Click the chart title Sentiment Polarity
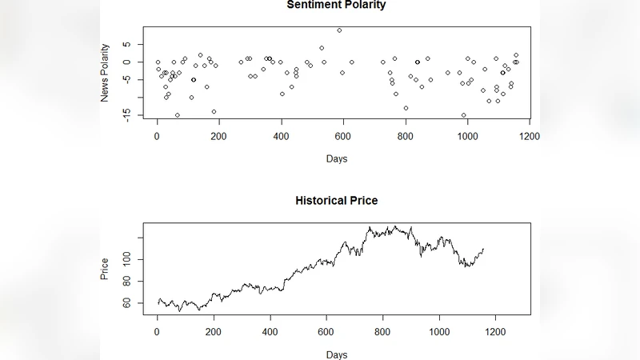pos(336,6)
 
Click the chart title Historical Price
pos(336,200)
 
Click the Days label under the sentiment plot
pos(336,158)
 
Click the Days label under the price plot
pos(336,354)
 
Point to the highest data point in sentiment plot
pos(339,30)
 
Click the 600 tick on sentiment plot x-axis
pos(467,136)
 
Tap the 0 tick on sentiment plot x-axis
pos(157,136)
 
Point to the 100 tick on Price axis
pos(126,259)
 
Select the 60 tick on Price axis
pos(126,303)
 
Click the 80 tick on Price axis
pos(126,282)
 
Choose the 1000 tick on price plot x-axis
pos(439,331)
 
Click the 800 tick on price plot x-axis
pos(382,331)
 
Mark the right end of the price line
pos(483,249)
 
